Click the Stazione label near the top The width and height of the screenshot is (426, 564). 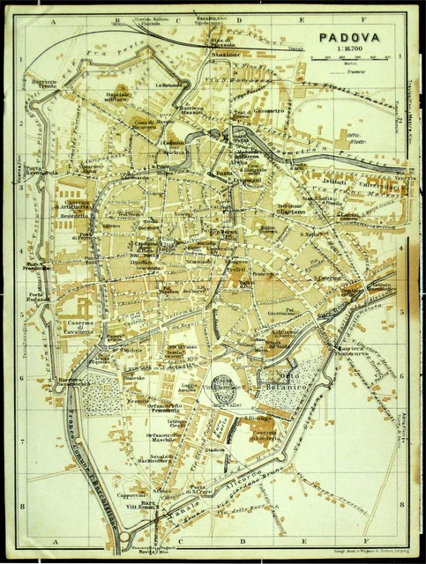coord(226,55)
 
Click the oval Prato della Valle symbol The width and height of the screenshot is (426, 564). coord(224,383)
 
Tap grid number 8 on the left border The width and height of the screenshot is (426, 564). coord(19,505)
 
